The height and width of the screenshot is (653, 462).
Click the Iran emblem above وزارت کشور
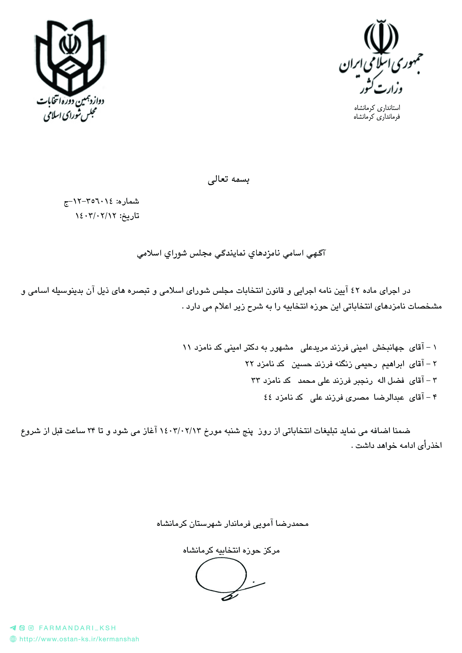[381, 37]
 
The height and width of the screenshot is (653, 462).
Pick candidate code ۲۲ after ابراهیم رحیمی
[249, 364]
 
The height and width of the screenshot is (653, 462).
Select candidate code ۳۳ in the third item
[255, 380]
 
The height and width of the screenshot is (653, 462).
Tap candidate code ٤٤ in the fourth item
[268, 397]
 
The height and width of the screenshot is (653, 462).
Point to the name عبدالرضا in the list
[389, 397]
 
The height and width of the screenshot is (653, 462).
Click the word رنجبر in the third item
[363, 380]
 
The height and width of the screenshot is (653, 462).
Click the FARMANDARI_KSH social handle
[77, 628]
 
